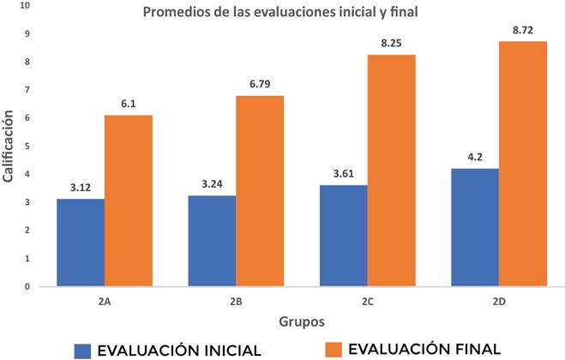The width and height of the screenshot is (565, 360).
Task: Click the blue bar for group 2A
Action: click(x=81, y=243)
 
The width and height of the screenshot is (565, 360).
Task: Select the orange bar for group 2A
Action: click(x=129, y=201)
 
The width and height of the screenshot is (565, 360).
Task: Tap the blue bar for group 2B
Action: click(x=212, y=241)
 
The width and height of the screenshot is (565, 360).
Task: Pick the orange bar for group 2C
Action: click(x=392, y=171)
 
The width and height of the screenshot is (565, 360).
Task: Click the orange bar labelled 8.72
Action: click(x=523, y=164)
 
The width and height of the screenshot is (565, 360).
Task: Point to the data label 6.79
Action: click(x=261, y=85)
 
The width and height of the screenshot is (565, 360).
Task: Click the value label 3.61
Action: click(x=343, y=175)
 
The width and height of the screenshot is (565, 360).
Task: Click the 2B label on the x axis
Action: click(x=237, y=302)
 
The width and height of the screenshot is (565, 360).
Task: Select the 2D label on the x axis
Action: click(x=499, y=302)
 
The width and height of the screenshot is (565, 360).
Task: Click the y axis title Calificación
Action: click(x=10, y=147)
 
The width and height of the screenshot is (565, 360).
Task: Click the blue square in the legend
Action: click(x=83, y=349)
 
